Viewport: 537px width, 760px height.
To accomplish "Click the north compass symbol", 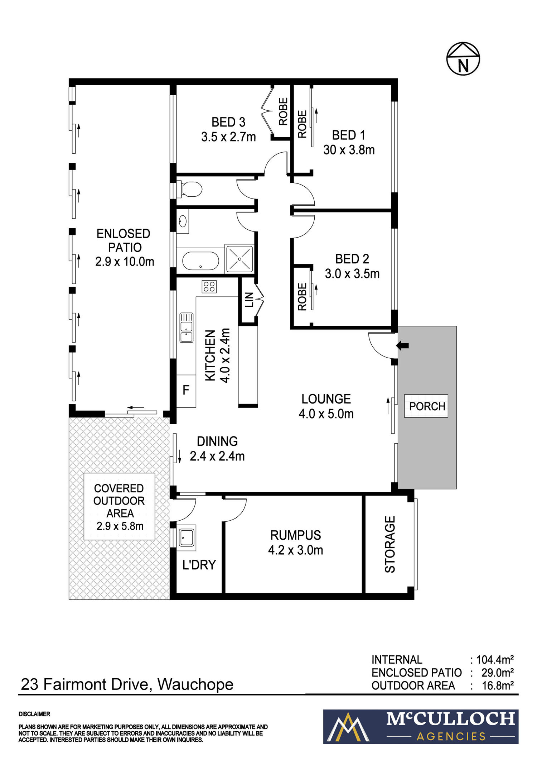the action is pos(463,59).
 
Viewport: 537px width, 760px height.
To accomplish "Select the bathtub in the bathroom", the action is pos(200,261).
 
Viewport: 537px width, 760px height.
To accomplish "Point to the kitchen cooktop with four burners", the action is pos(209,287).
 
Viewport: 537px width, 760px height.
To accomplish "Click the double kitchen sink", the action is pos(186,328).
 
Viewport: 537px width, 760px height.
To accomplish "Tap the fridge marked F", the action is pos(186,391).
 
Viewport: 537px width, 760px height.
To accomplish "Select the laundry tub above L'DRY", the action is pos(187,538).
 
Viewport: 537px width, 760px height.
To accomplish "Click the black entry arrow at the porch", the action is pos(402,346).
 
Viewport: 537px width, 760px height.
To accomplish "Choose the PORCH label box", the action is pos(426,406).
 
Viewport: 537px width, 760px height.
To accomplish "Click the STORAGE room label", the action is pos(390,544).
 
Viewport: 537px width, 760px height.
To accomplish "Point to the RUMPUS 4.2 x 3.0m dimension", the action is pos(296,550).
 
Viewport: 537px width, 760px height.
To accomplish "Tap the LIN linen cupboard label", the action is pos(249,300).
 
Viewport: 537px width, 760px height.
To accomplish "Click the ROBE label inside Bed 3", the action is pos(283,111).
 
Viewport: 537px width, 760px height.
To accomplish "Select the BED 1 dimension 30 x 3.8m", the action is pos(349,150).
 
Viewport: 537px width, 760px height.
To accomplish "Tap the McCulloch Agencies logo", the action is pos(421,727).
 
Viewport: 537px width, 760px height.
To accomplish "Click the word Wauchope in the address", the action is pos(195,684).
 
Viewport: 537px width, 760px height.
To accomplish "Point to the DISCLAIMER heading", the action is pos(34,714).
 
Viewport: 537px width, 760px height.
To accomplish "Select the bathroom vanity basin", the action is pos(183,222).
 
